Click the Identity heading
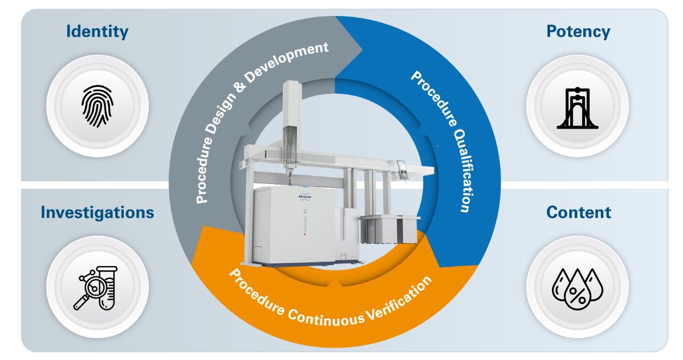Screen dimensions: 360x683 [97, 31]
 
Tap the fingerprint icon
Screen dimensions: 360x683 [97, 106]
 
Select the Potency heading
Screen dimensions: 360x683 [578, 31]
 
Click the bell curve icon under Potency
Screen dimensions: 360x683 [577, 106]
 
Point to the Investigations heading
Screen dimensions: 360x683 [97, 212]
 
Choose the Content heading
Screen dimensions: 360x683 [578, 212]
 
